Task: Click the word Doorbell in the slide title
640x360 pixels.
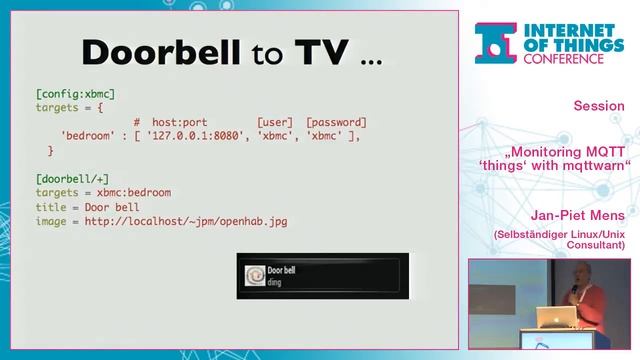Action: click(x=159, y=52)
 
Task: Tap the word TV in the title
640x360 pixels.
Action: click(x=320, y=52)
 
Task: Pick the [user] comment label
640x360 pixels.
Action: click(x=275, y=121)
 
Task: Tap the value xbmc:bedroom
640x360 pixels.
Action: click(x=134, y=192)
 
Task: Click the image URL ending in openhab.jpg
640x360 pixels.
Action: click(x=185, y=221)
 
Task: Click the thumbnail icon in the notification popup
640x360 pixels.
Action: click(x=254, y=276)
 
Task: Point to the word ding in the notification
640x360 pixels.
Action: click(x=276, y=283)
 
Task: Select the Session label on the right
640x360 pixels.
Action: click(x=599, y=106)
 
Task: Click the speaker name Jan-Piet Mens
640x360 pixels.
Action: click(x=579, y=215)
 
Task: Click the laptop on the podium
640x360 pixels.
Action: click(x=556, y=319)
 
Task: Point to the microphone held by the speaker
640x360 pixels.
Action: click(x=575, y=290)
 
